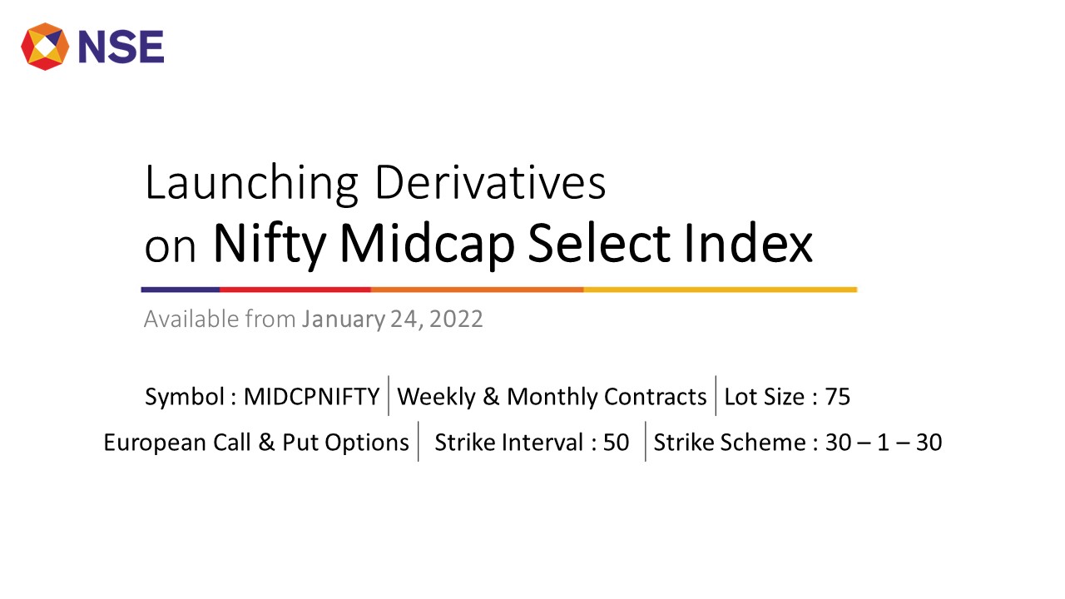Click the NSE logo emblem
(x=45, y=47)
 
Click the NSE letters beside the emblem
(x=121, y=47)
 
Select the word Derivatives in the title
(x=491, y=183)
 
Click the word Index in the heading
(x=748, y=244)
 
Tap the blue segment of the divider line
(x=181, y=290)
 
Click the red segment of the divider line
(x=295, y=290)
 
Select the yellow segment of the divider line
(x=721, y=290)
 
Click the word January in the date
(x=344, y=319)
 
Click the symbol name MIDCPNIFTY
(x=311, y=397)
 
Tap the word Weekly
(x=436, y=397)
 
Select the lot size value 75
(x=837, y=397)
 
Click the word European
(x=155, y=443)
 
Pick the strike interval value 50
(x=617, y=443)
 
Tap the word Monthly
(x=552, y=397)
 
